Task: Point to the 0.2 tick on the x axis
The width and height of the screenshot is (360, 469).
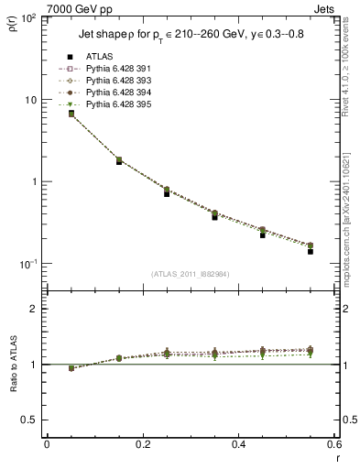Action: point(142,443)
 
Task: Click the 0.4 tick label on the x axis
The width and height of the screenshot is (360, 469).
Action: point(238,443)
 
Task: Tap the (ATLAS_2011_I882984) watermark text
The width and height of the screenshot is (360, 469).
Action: point(190,274)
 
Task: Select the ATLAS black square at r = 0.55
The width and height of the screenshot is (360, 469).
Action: point(311,251)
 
